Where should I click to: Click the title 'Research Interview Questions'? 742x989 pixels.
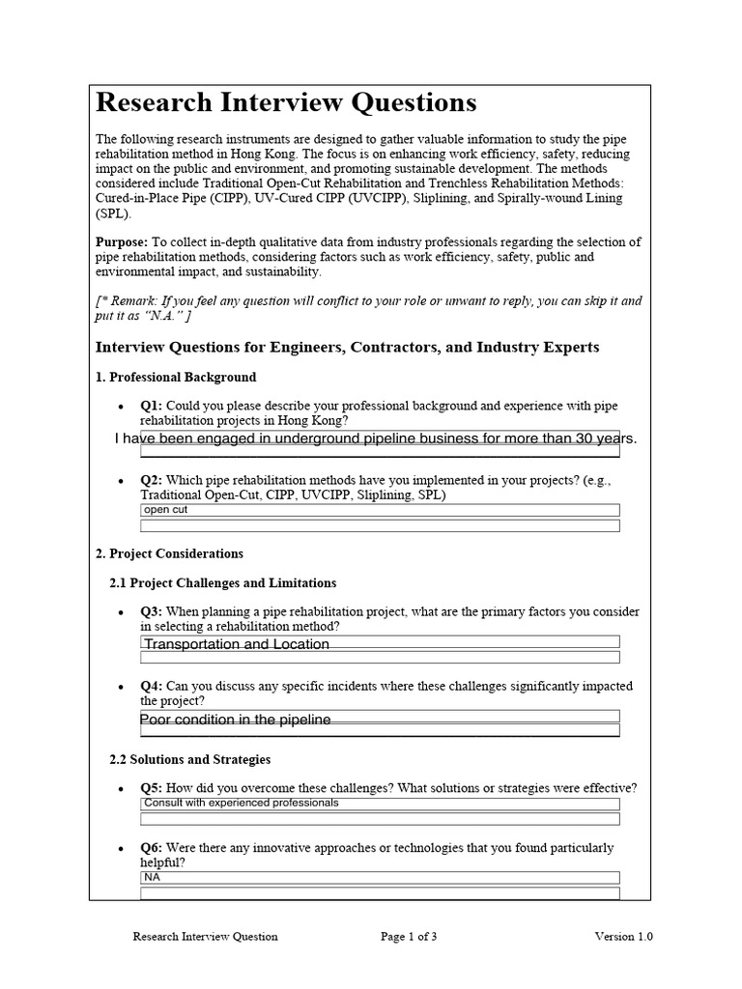click(x=286, y=102)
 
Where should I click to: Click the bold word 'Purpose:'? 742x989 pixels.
click(x=121, y=242)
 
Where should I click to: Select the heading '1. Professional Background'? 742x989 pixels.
click(x=176, y=377)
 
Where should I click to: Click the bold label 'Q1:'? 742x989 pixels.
click(x=152, y=407)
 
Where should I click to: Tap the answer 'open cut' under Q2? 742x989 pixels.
click(x=165, y=510)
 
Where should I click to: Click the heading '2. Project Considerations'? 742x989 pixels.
click(x=169, y=553)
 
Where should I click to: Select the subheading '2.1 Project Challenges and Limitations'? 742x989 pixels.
click(x=223, y=582)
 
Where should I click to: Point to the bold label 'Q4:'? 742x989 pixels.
click(x=152, y=687)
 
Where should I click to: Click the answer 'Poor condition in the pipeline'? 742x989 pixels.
click(x=236, y=720)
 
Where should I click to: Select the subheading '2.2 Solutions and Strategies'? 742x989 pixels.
click(x=190, y=759)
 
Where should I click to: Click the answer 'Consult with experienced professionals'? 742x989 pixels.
click(x=242, y=803)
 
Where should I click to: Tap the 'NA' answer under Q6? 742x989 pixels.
click(x=152, y=877)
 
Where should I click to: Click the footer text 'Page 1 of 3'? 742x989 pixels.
click(x=409, y=936)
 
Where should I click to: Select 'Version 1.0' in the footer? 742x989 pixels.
click(x=623, y=936)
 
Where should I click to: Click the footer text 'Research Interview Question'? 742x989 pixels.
click(x=205, y=936)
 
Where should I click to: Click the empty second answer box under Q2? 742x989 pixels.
click(x=380, y=526)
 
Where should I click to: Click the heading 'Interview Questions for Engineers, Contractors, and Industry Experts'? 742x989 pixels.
click(x=347, y=347)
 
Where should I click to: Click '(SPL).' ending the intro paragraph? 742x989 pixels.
click(x=113, y=213)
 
